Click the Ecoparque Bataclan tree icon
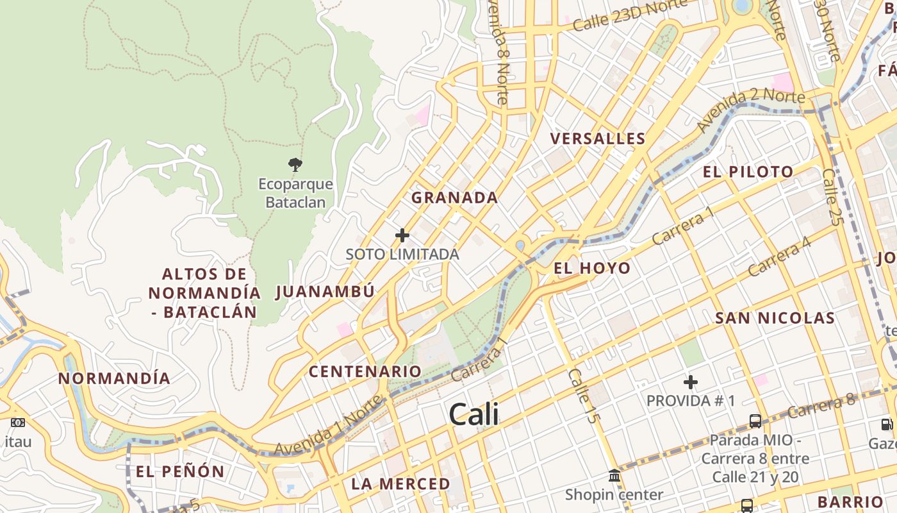pyautogui.click(x=295, y=165)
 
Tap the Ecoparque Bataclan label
pyautogui.click(x=295, y=193)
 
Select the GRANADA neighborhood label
pyautogui.click(x=454, y=198)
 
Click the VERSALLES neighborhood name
pyautogui.click(x=598, y=139)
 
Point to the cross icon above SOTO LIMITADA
pyautogui.click(x=402, y=235)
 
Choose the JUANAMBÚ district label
pyautogui.click(x=325, y=292)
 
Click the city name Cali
pyautogui.click(x=473, y=414)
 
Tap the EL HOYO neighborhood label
pyautogui.click(x=592, y=268)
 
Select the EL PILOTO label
pyautogui.click(x=748, y=172)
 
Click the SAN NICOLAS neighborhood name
pyautogui.click(x=775, y=318)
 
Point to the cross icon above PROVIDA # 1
pyautogui.click(x=690, y=383)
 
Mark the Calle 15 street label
pyautogui.click(x=583, y=395)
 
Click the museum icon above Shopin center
pyautogui.click(x=614, y=475)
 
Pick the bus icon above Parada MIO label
pyautogui.click(x=755, y=421)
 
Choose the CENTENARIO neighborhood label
pyautogui.click(x=365, y=371)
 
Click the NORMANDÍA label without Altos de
pyautogui.click(x=114, y=378)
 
